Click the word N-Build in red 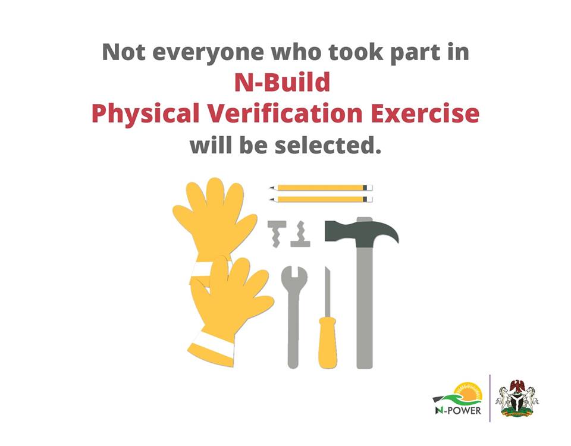pyautogui.click(x=282, y=82)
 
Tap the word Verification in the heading pyautogui.click(x=284, y=113)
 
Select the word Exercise pyautogui.click(x=425, y=113)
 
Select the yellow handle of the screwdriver pyautogui.click(x=327, y=343)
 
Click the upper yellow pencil pyautogui.click(x=321, y=188)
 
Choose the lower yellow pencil pyautogui.click(x=321, y=200)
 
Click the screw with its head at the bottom pyautogui.click(x=300, y=234)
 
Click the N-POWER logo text pyautogui.click(x=458, y=410)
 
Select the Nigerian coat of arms pyautogui.click(x=516, y=398)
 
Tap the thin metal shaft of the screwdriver pyautogui.click(x=327, y=292)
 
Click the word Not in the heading pyautogui.click(x=124, y=52)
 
